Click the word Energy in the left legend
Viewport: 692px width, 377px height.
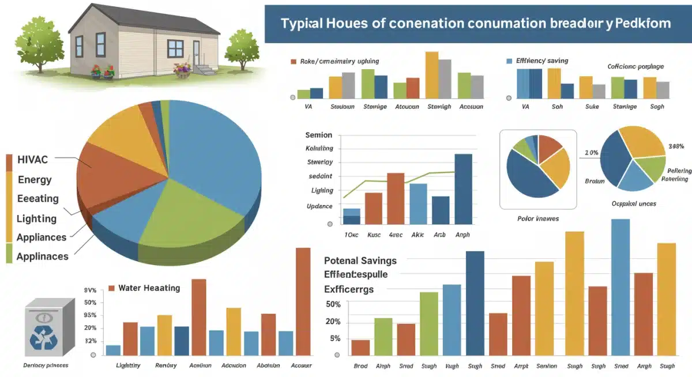(x=35, y=179)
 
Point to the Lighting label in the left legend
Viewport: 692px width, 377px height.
(x=36, y=218)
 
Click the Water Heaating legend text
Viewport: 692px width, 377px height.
(x=149, y=288)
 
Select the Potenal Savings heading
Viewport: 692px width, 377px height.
(x=360, y=261)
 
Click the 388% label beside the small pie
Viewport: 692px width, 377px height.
(x=675, y=146)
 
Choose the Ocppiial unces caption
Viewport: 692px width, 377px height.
(x=633, y=203)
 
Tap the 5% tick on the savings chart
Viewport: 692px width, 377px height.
(x=335, y=338)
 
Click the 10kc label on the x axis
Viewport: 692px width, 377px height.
(x=351, y=235)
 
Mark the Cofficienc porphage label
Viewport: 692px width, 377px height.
(x=635, y=67)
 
